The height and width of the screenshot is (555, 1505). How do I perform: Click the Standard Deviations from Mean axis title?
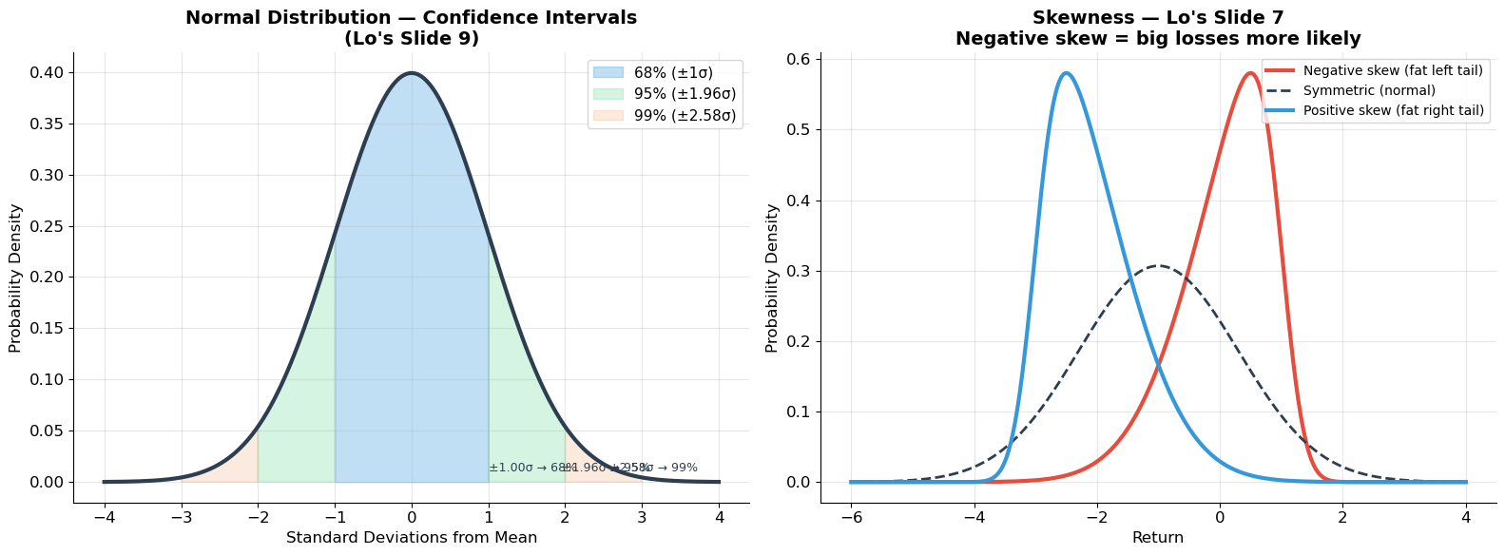[x=411, y=538]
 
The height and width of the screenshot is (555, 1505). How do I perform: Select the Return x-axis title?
[x=1157, y=538]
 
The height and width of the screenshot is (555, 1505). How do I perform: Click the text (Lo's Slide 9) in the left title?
[x=411, y=39]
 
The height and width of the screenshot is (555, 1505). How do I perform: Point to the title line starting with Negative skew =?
[x=1157, y=39]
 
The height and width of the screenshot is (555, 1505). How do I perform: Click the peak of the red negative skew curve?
[x=1251, y=73]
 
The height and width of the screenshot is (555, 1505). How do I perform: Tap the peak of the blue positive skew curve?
[x=1066, y=73]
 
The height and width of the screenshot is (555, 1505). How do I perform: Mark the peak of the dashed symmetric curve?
[x=1158, y=266]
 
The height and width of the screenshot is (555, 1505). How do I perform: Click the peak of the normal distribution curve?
[x=412, y=73]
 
